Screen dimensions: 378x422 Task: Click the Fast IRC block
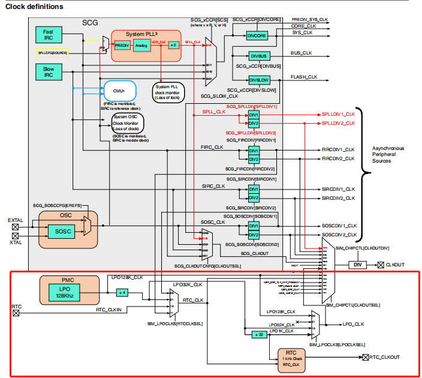48,35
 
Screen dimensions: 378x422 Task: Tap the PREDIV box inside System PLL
122,46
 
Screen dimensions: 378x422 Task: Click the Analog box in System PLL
143,46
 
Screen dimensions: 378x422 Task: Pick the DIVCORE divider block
257,36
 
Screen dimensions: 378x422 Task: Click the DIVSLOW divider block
259,80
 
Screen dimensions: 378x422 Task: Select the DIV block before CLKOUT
357,264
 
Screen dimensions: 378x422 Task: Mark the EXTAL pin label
16,220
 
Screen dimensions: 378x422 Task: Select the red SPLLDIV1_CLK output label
338,113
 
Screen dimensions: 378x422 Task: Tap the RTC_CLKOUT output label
385,357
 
